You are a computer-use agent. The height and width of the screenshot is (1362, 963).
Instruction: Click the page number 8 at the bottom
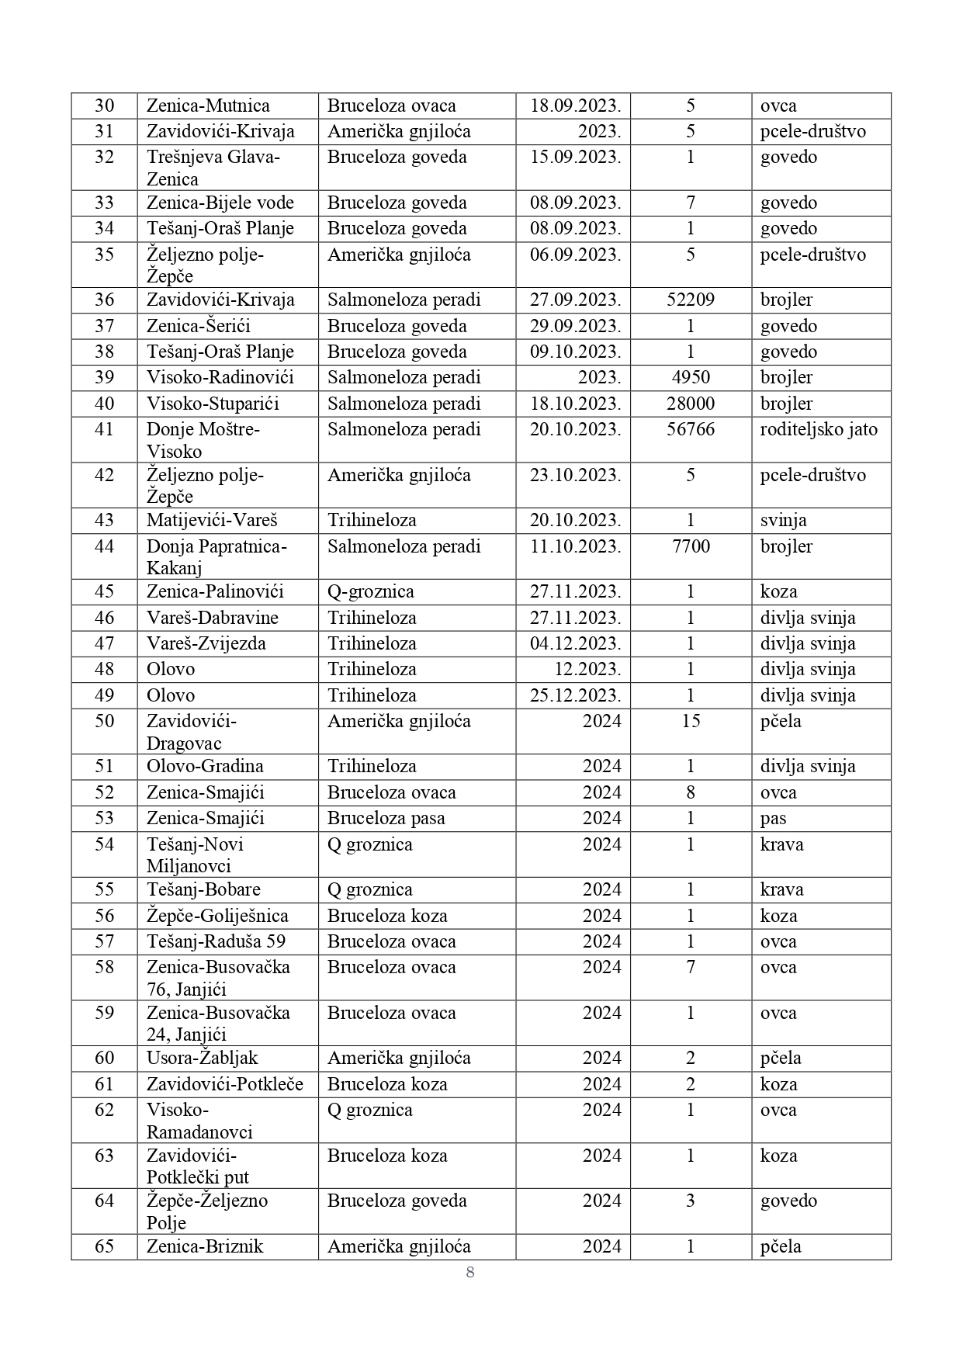coord(470,1272)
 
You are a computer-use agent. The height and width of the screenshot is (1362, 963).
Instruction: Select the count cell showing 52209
coord(691,300)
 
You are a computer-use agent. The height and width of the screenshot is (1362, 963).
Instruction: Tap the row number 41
coord(104,430)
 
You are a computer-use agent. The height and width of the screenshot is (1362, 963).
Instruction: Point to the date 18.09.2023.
coord(575,106)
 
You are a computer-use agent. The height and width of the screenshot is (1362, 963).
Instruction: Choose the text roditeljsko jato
coord(819,430)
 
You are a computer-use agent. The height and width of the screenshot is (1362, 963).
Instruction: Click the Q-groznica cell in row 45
coord(370,592)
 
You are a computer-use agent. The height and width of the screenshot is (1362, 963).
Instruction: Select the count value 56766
coord(691,430)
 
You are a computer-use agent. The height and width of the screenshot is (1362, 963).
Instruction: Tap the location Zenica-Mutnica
coord(208,106)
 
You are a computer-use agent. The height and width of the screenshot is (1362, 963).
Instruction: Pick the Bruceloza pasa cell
coord(386,819)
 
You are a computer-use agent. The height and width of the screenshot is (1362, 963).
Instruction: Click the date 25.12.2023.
coord(575,696)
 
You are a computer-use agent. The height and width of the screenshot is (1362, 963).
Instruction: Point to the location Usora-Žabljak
coord(202,1059)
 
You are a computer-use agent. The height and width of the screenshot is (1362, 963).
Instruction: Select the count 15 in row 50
coord(691,722)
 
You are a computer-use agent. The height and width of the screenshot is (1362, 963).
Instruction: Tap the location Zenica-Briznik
coord(205,1247)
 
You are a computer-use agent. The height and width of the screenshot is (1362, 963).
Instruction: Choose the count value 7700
coord(691,547)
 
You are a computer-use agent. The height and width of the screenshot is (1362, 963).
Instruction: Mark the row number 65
coord(104,1247)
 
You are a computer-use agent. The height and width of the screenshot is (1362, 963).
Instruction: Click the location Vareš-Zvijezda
coord(206,644)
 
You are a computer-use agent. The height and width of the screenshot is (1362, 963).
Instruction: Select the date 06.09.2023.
coord(575,255)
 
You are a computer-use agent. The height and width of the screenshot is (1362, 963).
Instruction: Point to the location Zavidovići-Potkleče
coord(225,1085)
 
